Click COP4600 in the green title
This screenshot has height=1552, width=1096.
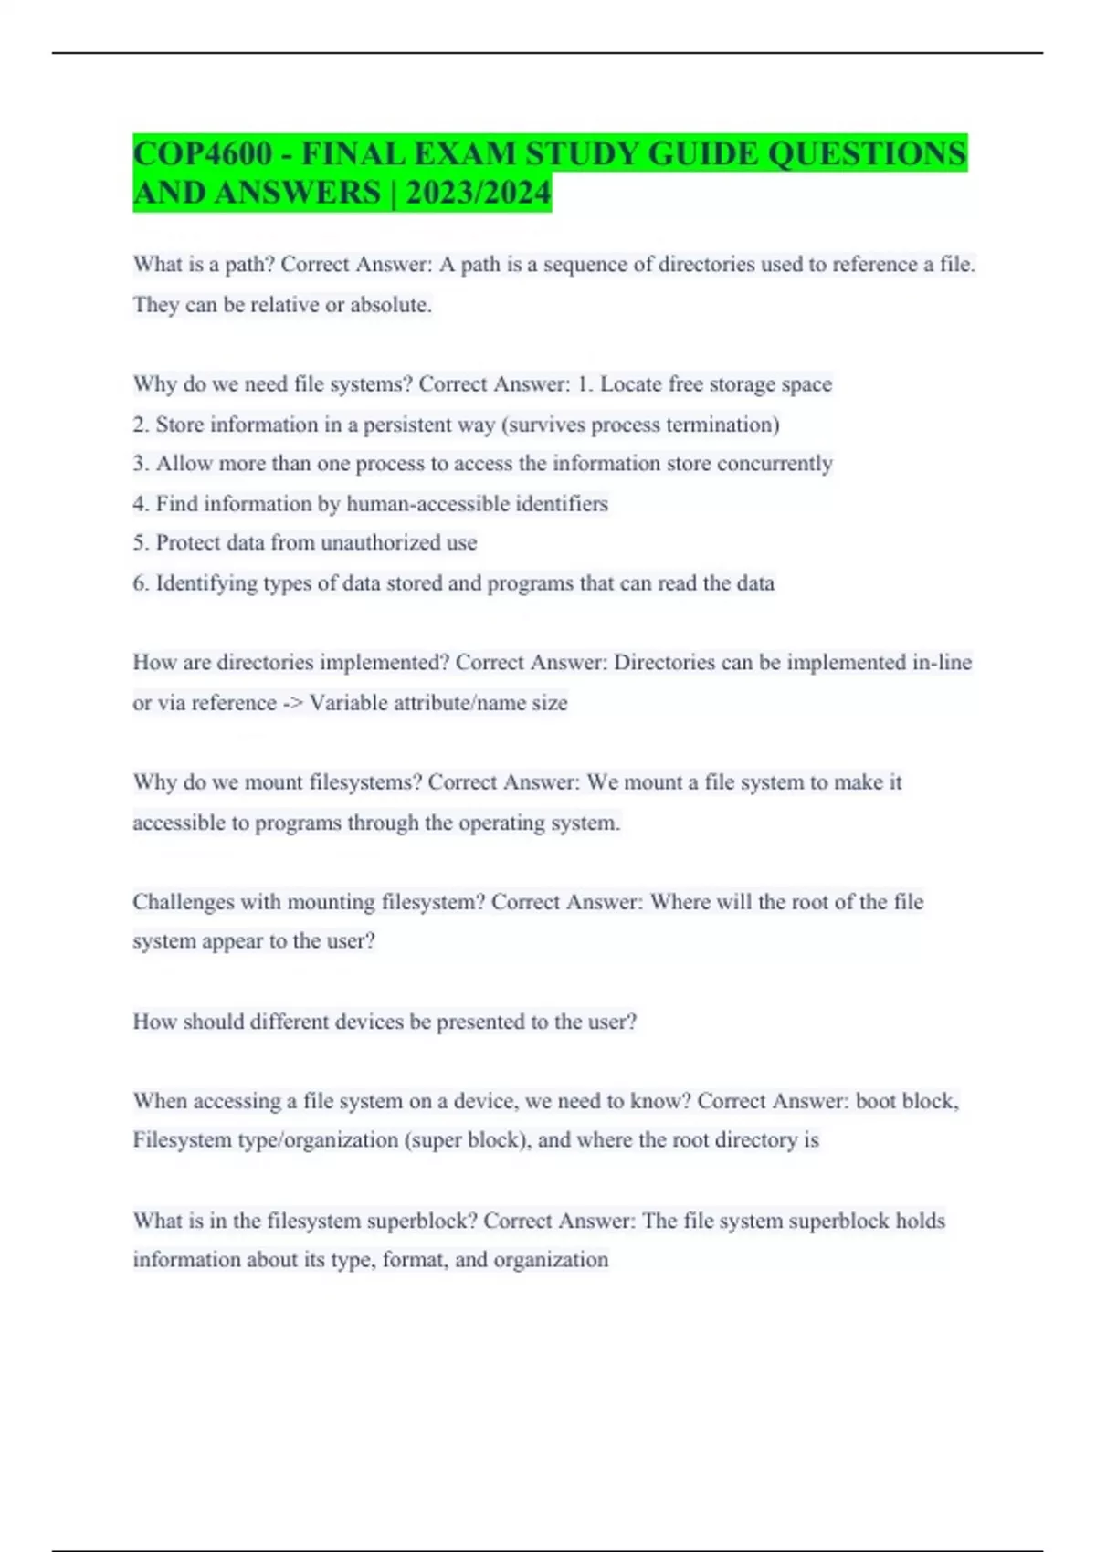coord(202,153)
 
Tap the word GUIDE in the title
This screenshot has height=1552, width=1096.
coord(702,153)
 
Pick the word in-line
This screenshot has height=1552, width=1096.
coord(942,663)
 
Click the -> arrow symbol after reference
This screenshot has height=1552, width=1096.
coord(292,703)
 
